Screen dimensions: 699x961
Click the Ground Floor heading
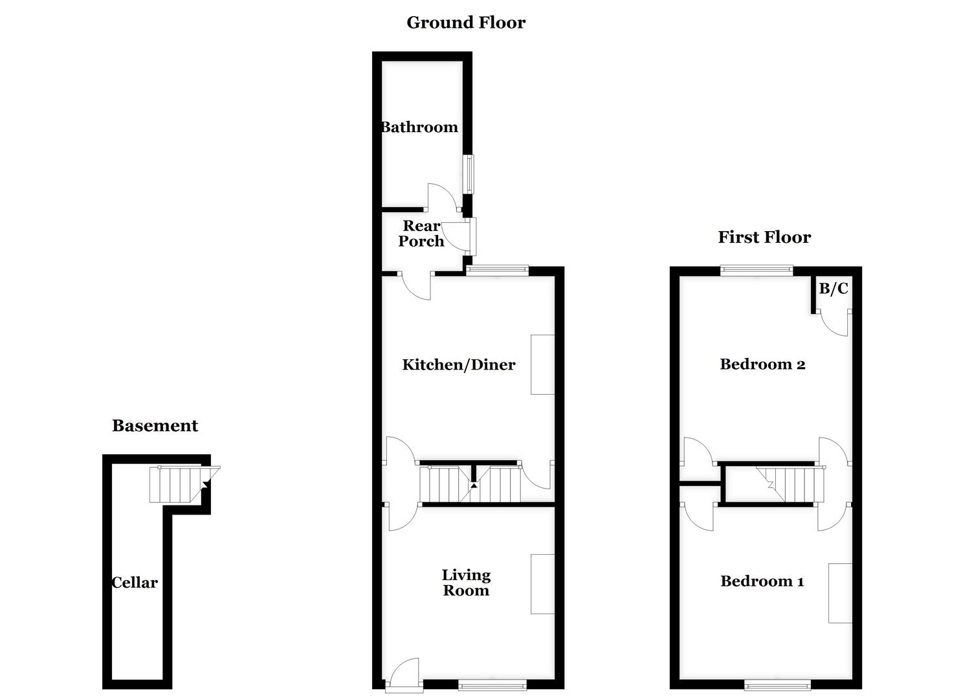(x=465, y=23)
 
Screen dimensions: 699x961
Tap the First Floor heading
(x=764, y=238)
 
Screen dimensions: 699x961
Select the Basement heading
(x=155, y=426)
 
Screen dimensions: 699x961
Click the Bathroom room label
(x=419, y=128)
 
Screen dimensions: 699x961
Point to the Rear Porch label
(x=421, y=234)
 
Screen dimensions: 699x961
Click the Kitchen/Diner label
(x=458, y=365)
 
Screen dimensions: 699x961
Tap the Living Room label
(x=466, y=582)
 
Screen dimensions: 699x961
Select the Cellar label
(x=135, y=582)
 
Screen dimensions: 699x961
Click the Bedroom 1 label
(x=762, y=581)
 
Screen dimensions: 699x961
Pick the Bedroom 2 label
(x=762, y=364)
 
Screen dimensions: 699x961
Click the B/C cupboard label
(x=833, y=289)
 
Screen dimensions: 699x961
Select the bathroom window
(x=468, y=173)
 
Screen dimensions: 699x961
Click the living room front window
(x=492, y=684)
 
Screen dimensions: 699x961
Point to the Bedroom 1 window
(x=777, y=684)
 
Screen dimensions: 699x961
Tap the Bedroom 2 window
(x=757, y=271)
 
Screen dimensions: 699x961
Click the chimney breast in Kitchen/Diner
(x=542, y=364)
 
